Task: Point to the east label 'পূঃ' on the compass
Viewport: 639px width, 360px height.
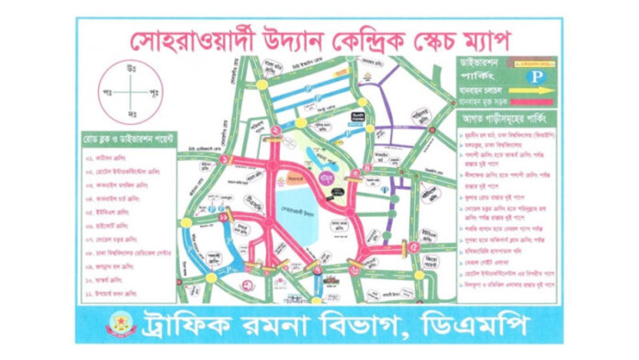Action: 154,92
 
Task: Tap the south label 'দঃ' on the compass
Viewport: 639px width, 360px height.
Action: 130,114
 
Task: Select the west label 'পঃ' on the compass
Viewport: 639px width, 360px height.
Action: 107,92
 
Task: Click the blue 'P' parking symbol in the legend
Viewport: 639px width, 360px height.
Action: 536,77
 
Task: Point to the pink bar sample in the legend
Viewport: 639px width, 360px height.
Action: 532,101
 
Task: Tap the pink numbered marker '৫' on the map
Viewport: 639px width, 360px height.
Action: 414,246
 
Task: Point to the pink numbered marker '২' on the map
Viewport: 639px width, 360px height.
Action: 276,130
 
